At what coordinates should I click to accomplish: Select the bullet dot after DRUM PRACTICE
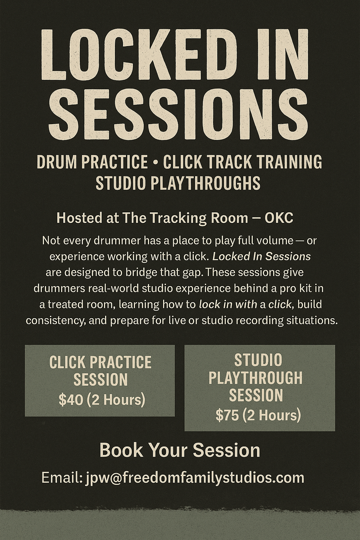[x=156, y=162]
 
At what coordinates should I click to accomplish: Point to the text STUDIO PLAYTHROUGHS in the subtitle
[x=178, y=183]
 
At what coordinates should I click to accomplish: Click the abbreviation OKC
[x=279, y=218]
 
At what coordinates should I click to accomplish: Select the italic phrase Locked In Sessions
[x=261, y=257]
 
